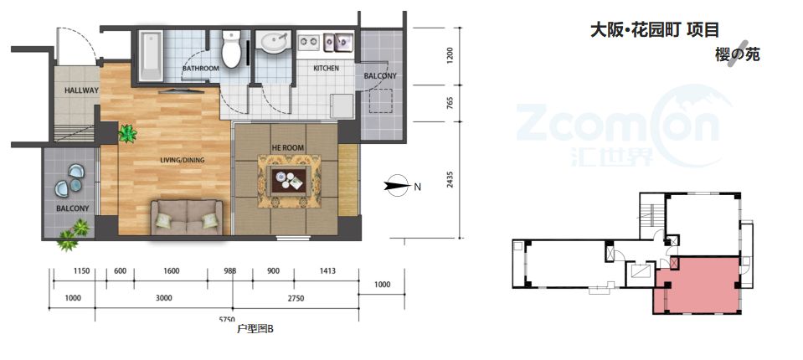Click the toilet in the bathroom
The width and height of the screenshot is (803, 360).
click(231, 49)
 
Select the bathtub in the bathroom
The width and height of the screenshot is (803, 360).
click(151, 56)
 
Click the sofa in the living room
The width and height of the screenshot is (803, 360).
click(187, 217)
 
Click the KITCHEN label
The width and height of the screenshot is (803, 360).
click(327, 68)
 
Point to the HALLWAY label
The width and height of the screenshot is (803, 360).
click(81, 90)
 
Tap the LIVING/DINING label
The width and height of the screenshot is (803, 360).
click(183, 160)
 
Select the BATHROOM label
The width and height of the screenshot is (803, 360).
click(201, 68)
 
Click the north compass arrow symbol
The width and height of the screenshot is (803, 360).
click(397, 185)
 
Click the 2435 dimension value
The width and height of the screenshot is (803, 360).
click(450, 179)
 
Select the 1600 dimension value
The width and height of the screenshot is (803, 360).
click(172, 271)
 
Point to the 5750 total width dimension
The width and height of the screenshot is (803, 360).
click(227, 320)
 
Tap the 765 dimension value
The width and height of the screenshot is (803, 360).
click(450, 103)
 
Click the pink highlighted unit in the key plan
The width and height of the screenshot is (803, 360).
click(697, 285)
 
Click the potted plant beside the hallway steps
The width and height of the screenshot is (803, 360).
click(127, 134)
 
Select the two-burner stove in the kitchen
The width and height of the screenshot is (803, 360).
click(308, 41)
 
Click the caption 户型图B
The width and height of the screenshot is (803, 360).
click(255, 329)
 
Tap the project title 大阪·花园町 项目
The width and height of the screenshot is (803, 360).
click(655, 29)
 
